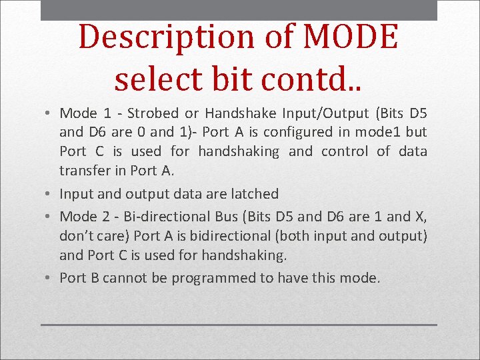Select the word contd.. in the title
[x=313, y=78]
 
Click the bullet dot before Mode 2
[x=51, y=217]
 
